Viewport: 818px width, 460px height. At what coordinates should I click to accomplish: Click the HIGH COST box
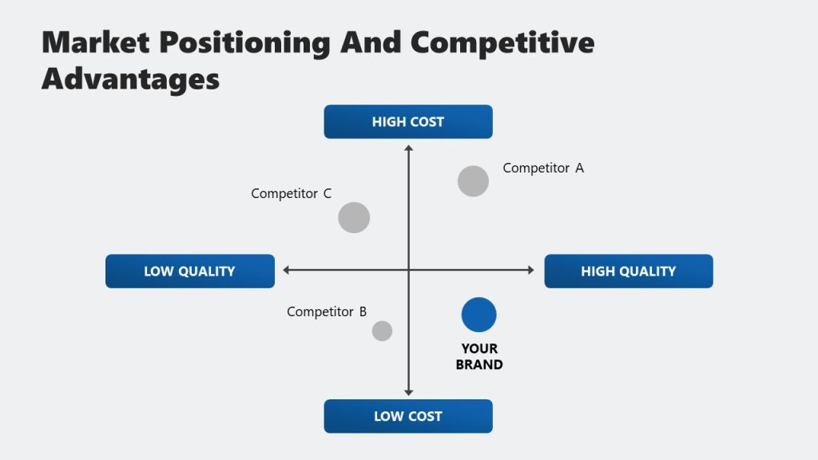click(x=408, y=121)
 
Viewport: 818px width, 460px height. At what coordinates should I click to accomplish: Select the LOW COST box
click(x=408, y=416)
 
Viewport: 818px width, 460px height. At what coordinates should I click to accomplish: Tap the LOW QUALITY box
click(x=189, y=271)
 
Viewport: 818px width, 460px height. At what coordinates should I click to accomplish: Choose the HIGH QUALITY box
click(x=628, y=271)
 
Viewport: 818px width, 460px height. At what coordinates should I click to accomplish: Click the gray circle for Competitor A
click(x=473, y=181)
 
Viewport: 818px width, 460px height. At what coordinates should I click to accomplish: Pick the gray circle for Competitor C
click(x=354, y=217)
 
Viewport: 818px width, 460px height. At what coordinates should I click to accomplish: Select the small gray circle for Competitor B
click(x=382, y=331)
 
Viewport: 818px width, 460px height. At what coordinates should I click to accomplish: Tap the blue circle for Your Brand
click(x=478, y=315)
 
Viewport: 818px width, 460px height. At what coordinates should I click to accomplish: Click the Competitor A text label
click(x=543, y=168)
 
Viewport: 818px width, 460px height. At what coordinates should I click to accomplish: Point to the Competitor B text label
click(x=327, y=311)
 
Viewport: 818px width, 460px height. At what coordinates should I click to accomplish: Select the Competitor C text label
click(x=291, y=193)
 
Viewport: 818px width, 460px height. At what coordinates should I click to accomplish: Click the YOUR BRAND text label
click(x=479, y=356)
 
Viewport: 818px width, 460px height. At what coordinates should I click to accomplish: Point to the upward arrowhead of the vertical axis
click(x=408, y=149)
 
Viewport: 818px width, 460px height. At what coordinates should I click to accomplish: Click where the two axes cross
click(x=408, y=270)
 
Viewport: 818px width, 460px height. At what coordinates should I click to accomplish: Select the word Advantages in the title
click(x=130, y=78)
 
